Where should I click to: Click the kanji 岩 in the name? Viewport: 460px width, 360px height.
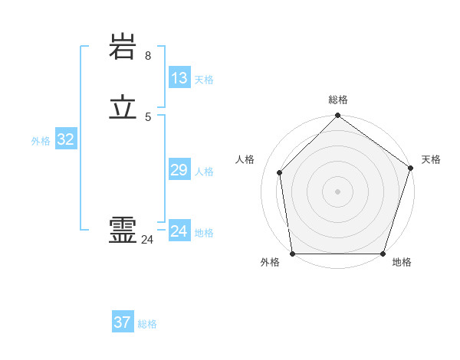pos(123,48)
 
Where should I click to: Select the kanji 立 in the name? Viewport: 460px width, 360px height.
pos(123,109)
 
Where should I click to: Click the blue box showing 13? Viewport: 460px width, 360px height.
pos(179,78)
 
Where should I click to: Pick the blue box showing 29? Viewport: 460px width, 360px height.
pos(179,171)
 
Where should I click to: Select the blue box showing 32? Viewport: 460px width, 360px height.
pos(65,139)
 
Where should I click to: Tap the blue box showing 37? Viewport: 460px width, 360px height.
pos(122,322)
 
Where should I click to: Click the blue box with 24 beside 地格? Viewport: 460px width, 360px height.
pos(179,231)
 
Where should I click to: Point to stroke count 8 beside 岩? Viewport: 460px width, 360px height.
pos(147,56)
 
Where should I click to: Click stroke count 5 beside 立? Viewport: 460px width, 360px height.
pos(147,116)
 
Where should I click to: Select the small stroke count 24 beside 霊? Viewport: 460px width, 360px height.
pos(147,240)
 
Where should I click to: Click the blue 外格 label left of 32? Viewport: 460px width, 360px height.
pos(41,141)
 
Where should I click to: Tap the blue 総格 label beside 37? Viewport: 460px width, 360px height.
pos(147,324)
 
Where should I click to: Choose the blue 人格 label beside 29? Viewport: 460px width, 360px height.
pos(204,172)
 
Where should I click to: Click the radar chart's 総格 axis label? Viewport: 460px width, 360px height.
pos(337,100)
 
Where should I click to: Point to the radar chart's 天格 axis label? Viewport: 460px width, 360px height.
pos(431,159)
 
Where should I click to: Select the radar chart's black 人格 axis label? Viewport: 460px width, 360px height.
pos(245,159)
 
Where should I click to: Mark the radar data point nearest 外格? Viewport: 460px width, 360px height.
pos(292,254)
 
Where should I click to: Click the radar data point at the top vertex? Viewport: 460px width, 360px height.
pos(337,116)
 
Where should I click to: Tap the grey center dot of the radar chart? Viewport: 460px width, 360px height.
pos(337,191)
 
